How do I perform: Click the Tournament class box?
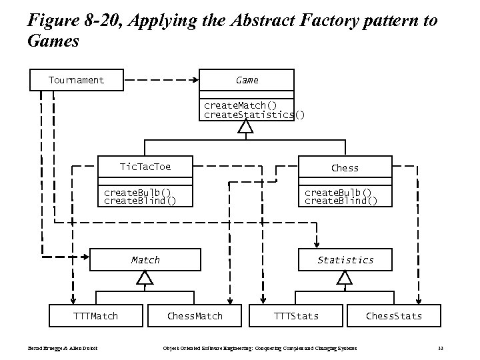coord(77,80)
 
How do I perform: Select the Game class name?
coord(247,80)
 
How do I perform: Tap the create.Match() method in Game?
coord(240,105)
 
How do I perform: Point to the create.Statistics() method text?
coord(253,115)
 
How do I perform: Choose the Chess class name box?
coord(345,168)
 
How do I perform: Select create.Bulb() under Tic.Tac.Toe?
coord(137,192)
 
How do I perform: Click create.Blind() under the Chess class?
coord(341,201)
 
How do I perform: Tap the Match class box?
coord(145,260)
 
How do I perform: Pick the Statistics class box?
coord(345,260)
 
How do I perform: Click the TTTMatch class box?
coord(95,315)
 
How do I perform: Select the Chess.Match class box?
coord(195,315)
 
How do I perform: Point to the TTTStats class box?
coord(297,315)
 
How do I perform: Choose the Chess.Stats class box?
coord(393,315)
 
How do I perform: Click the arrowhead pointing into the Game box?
coord(195,81)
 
